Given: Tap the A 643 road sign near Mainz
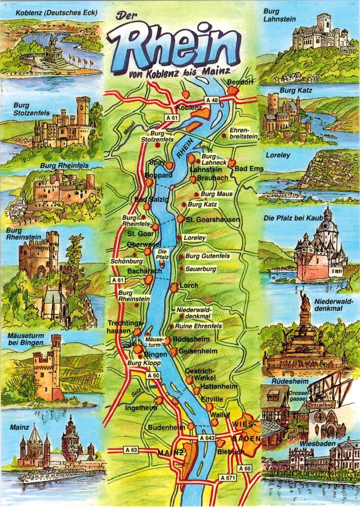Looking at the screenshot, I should (207, 438).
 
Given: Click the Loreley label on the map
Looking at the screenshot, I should (194, 238).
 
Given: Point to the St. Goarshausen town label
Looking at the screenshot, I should (212, 220).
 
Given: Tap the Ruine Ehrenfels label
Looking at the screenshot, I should (198, 326).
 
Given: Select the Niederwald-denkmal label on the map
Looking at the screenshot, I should (194, 313).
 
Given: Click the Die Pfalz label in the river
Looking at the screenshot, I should (162, 254).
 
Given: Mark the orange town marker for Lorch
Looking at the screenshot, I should (174, 287).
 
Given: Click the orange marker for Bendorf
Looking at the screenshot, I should (234, 90).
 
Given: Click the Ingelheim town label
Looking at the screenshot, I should (140, 408).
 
